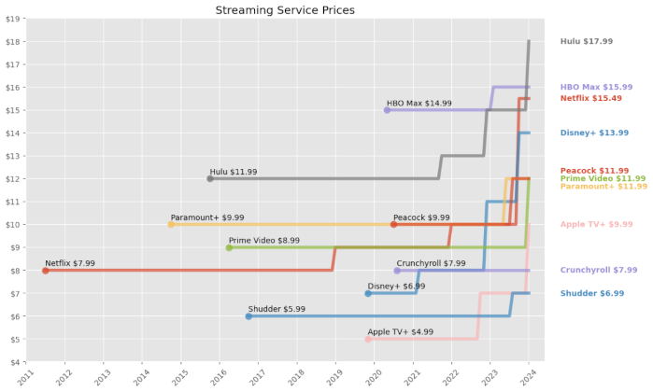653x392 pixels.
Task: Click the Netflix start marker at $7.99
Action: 46,271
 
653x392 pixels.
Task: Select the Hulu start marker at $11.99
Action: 210,178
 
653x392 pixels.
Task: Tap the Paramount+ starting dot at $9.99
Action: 171,224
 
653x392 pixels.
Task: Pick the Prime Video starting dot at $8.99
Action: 229,247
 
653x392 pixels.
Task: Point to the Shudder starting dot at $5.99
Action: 248,316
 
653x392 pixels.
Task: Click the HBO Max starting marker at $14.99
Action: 388,110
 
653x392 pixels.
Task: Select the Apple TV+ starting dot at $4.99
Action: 368,339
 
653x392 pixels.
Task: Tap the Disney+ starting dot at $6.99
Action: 368,293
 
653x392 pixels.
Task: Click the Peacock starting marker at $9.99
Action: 393,224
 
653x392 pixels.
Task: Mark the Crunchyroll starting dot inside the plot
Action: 397,271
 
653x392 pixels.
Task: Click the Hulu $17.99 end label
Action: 587,41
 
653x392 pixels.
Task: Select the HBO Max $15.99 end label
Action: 596,87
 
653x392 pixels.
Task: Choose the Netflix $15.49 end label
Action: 590,98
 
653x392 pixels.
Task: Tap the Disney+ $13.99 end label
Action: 594,133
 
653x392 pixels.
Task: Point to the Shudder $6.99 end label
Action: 592,293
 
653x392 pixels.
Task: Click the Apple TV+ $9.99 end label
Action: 596,224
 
